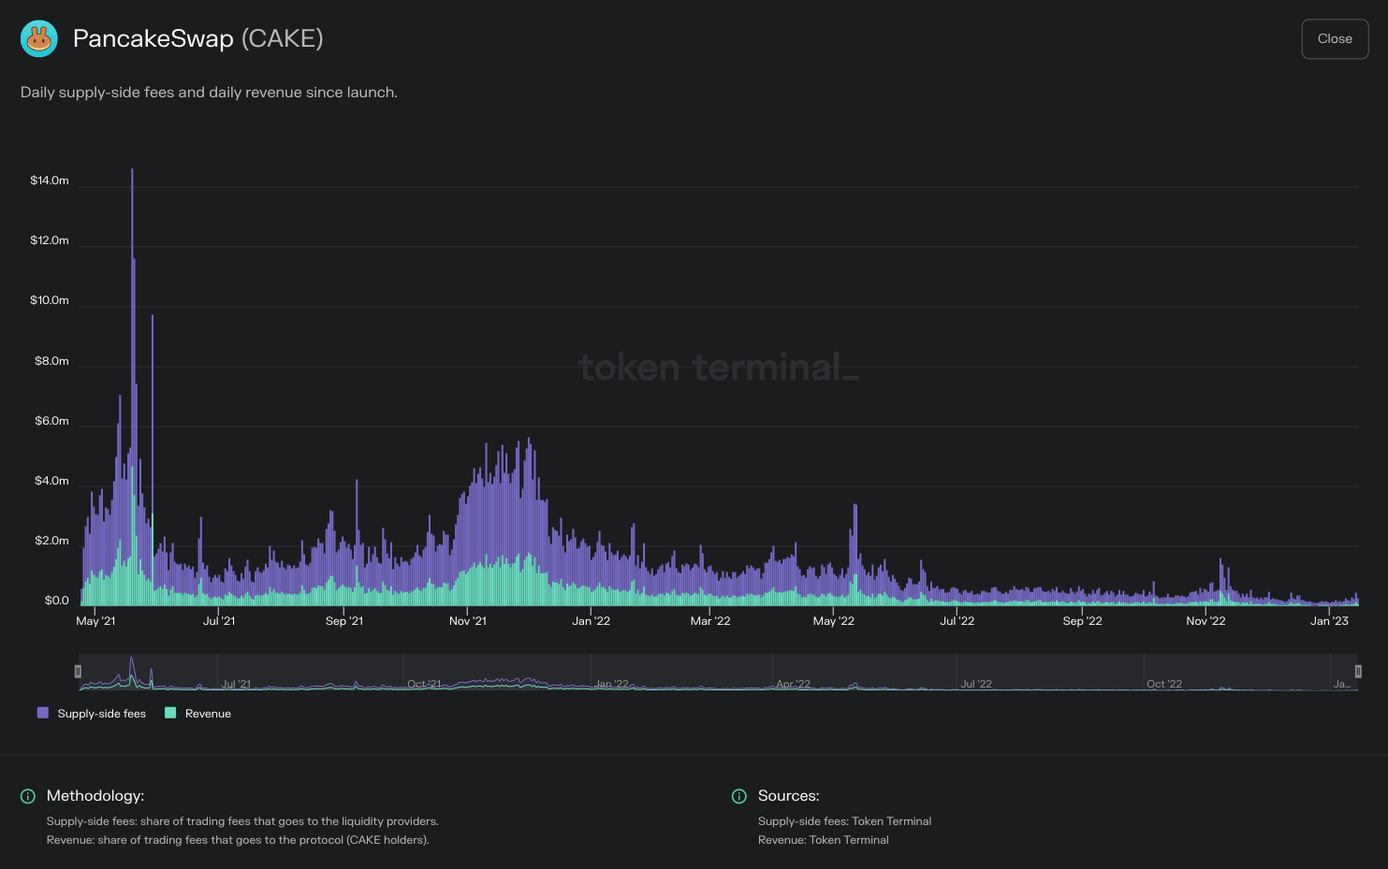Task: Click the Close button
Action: coord(1335,39)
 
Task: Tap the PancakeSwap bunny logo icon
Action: coord(39,39)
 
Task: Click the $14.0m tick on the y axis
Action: coord(50,181)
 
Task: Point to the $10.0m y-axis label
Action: coord(50,300)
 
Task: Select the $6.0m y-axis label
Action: coord(51,421)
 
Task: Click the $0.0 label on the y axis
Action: coord(56,601)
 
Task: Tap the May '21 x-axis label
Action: coord(95,621)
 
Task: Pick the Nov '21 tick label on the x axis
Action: coord(468,621)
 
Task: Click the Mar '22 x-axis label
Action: coord(710,621)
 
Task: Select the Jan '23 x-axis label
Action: coord(1329,621)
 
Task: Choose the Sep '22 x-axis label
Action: coord(1082,621)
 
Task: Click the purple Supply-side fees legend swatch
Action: coord(43,713)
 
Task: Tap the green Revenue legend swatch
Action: coord(170,713)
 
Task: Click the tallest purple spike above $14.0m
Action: coord(132,173)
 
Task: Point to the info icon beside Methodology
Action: coord(28,796)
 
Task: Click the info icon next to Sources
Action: coord(739,796)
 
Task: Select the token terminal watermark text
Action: coord(718,368)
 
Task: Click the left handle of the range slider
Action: coord(78,672)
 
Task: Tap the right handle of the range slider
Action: coord(1358,672)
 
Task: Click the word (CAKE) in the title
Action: coord(283,38)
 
